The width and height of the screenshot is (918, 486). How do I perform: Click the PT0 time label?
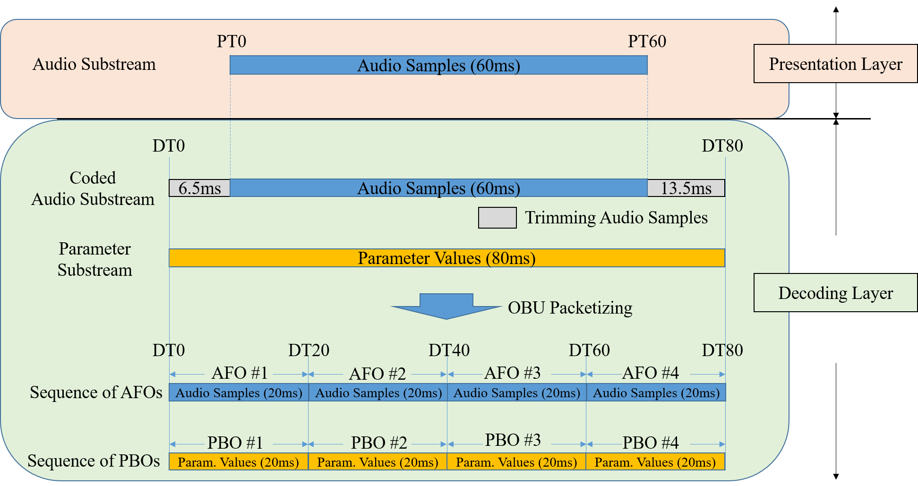[x=232, y=42]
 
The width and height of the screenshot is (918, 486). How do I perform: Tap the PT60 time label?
[x=647, y=42]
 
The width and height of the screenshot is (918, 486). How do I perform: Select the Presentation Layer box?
[x=835, y=64]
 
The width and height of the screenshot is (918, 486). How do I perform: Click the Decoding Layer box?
[x=835, y=293]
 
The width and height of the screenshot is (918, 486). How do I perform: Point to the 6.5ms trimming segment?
[x=199, y=188]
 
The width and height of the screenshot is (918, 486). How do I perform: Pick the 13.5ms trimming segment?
[x=686, y=188]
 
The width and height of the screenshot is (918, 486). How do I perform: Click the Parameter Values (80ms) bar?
[x=446, y=258]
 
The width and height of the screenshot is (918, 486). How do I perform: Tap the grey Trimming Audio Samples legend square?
[x=497, y=218]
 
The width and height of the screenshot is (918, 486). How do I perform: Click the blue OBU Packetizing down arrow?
[x=446, y=306]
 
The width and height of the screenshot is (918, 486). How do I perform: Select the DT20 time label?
[x=309, y=350]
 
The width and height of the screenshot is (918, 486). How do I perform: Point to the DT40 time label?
[x=449, y=350]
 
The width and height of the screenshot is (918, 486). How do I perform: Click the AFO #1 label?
[x=240, y=373]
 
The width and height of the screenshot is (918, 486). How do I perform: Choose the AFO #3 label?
[x=512, y=373]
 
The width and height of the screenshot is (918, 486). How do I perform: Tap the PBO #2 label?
[x=379, y=443]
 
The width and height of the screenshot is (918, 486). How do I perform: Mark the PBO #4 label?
[x=651, y=443]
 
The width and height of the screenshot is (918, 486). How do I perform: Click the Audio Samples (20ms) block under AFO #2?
[x=378, y=392]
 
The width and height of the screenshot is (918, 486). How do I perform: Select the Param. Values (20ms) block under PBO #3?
[x=516, y=462]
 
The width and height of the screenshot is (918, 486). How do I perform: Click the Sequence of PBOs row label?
[x=94, y=460]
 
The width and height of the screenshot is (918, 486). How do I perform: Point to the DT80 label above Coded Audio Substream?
[x=722, y=146]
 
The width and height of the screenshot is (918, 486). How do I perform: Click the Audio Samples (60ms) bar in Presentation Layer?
[x=438, y=65]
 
